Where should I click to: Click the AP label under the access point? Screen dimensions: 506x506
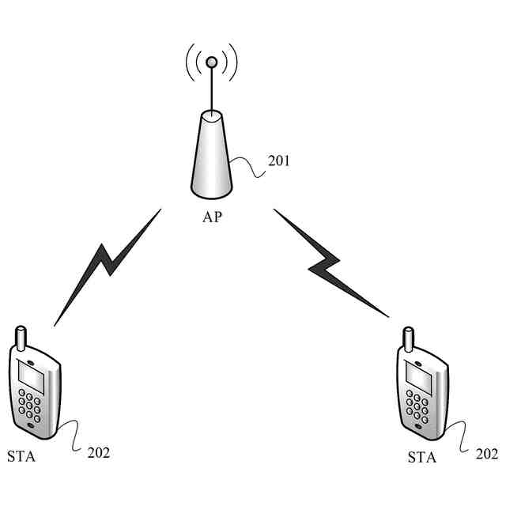(x=212, y=217)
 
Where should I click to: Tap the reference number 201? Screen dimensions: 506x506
(x=279, y=161)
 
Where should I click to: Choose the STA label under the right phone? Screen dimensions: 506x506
(x=421, y=457)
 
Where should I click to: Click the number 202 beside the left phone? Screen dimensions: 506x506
(x=99, y=452)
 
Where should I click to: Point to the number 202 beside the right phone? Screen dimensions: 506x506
(x=487, y=454)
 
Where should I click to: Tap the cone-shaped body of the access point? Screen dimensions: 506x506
(x=212, y=158)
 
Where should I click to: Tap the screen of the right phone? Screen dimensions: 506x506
(x=417, y=378)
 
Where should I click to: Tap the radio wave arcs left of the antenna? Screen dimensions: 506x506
(x=191, y=63)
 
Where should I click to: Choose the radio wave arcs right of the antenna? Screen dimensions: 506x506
(x=231, y=63)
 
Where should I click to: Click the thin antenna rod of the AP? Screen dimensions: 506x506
(x=211, y=91)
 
